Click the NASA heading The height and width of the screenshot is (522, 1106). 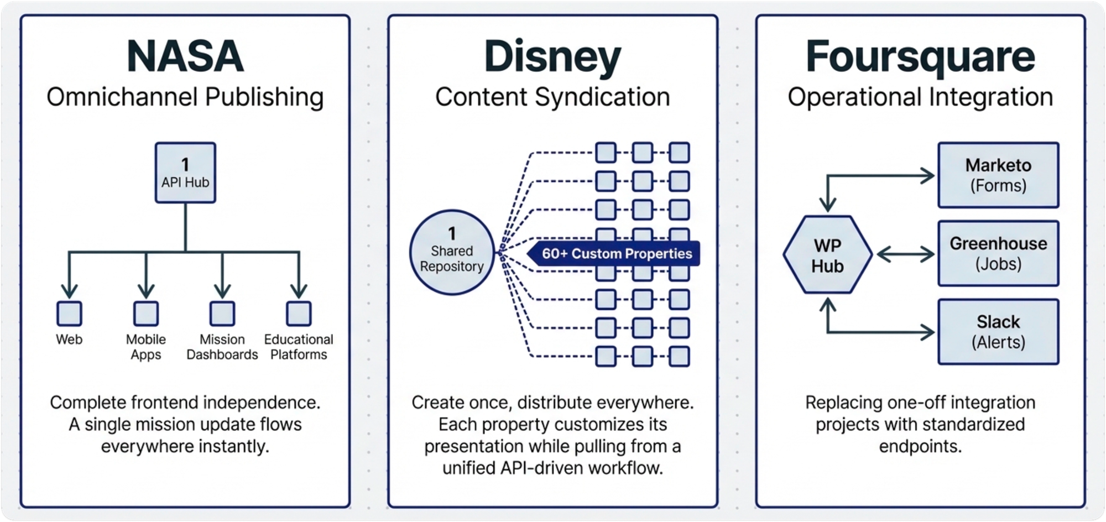pos(185,56)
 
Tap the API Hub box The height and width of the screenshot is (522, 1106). pos(185,173)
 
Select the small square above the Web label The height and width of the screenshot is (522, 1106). pos(69,314)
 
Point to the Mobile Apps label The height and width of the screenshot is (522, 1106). pos(145,347)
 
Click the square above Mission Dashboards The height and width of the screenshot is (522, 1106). pos(222,314)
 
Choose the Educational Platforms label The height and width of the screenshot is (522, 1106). pos(299,347)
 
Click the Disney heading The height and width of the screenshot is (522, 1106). pos(552,57)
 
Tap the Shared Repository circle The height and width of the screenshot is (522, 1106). pos(452,252)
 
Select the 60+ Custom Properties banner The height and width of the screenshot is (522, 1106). pos(615,254)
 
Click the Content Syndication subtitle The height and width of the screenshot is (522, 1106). pos(552,97)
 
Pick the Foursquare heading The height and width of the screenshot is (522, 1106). pos(920,57)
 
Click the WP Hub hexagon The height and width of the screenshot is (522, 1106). pos(827,255)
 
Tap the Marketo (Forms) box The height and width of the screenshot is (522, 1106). pos(998,175)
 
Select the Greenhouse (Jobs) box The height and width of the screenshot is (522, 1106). pos(998,254)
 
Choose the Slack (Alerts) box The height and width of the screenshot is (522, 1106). pos(998,332)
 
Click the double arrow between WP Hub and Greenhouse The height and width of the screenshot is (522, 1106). pos(905,254)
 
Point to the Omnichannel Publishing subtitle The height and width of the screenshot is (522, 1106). pos(185,97)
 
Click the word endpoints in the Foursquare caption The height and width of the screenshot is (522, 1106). pos(920,446)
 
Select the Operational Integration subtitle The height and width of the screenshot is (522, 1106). pos(920,97)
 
